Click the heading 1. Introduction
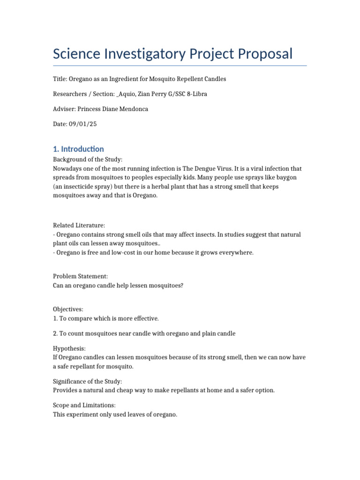point(78,149)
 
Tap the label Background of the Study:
point(88,160)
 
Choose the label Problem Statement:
point(80,277)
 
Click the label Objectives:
point(68,310)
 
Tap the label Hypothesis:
point(69,348)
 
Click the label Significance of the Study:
point(87,382)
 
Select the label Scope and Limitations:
point(84,405)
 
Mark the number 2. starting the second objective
point(56,333)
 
